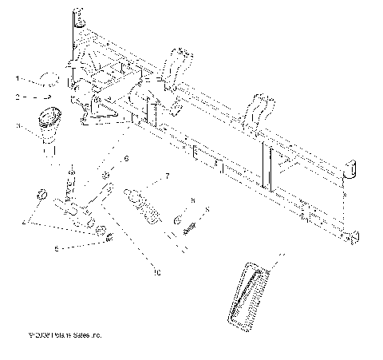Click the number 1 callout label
(17, 79)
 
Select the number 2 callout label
(17, 97)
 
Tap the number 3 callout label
(17, 125)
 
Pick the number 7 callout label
(168, 175)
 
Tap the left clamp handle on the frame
(178, 68)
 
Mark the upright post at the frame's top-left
(79, 18)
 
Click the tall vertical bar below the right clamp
(270, 166)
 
